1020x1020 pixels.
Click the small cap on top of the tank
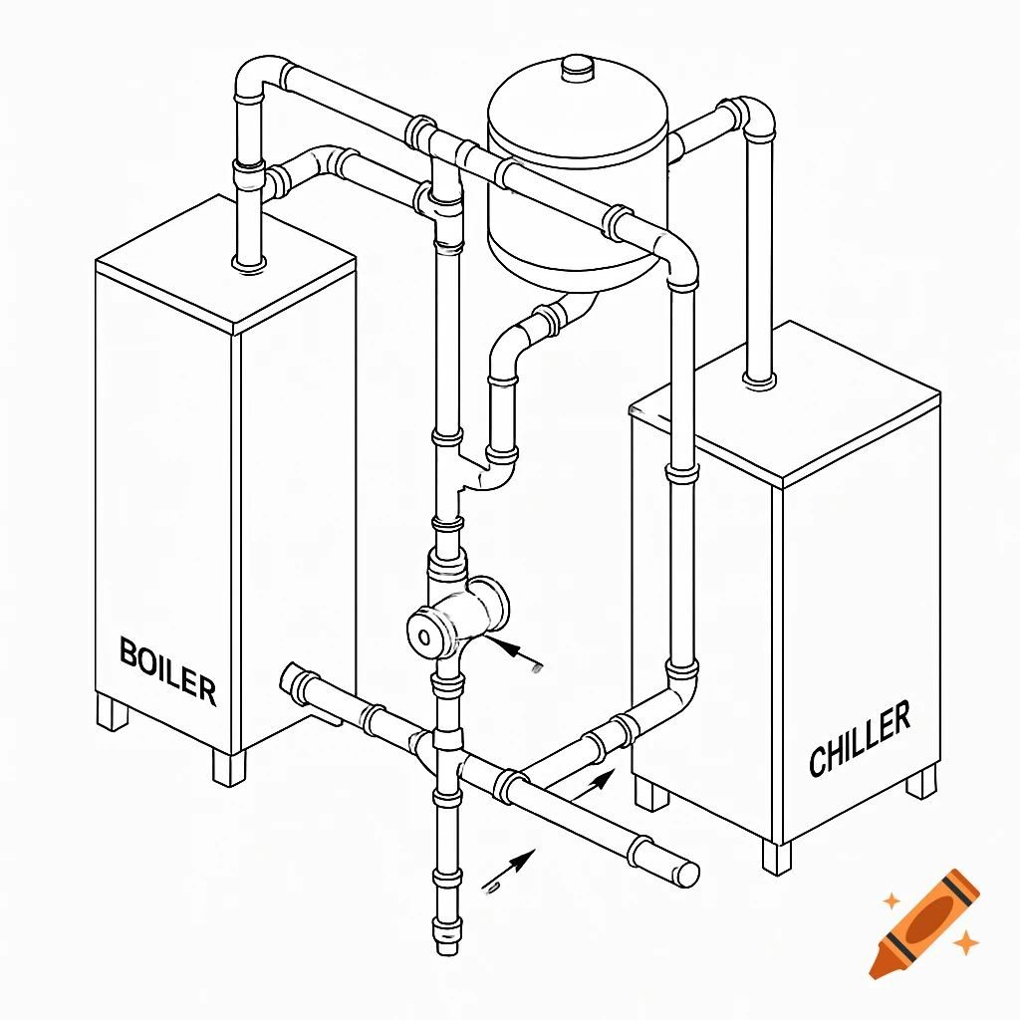coord(577,68)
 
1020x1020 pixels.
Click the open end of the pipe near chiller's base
coord(686,873)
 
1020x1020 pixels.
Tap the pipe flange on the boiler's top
coord(248,262)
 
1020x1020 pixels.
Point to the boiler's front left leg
coord(113,713)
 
